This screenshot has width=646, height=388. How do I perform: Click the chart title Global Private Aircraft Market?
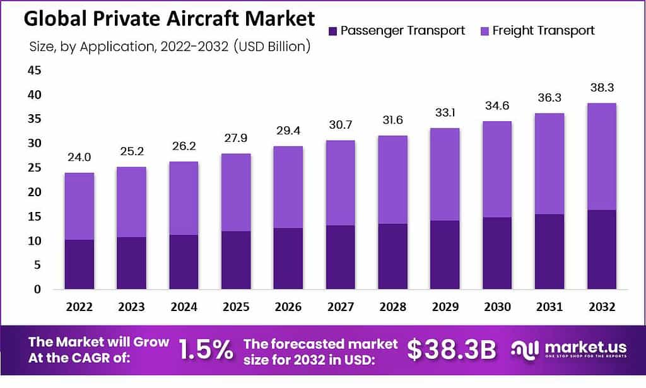tap(169, 19)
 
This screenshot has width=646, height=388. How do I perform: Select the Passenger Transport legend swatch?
tap(333, 30)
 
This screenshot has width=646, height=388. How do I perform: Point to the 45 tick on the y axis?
tap(34, 71)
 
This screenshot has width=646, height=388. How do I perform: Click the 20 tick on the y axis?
tap(34, 192)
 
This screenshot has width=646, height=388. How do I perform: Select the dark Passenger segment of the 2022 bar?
tap(79, 264)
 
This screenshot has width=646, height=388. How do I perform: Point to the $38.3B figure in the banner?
tap(452, 351)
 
